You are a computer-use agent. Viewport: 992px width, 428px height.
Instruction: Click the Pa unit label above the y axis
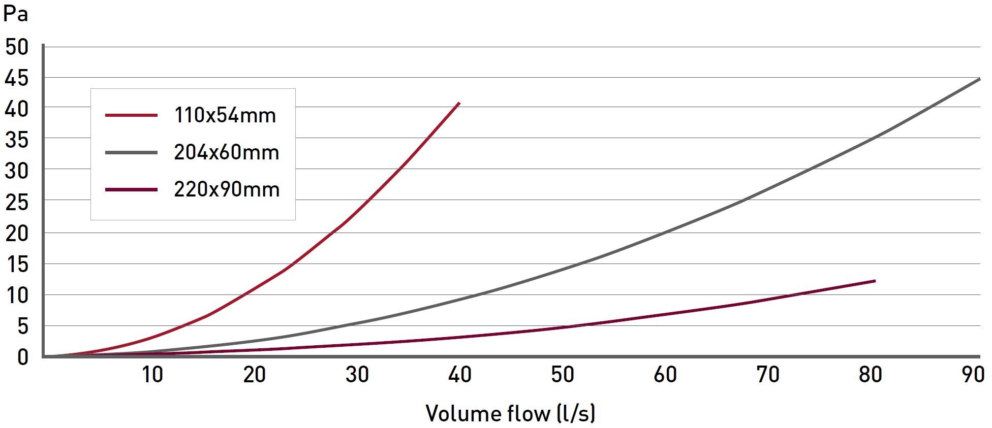pos(15,14)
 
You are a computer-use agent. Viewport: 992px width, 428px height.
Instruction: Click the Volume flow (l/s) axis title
pos(510,413)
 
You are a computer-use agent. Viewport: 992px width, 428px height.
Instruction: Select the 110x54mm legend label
pos(225,115)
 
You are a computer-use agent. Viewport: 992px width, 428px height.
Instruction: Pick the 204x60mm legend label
pos(227,152)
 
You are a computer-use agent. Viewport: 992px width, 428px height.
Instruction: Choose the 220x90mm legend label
pos(227,189)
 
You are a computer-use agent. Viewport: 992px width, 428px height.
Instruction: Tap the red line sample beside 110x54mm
pos(131,115)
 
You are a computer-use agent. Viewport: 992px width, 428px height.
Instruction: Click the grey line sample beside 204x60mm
pos(131,152)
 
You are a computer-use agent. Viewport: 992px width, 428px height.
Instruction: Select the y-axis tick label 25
pos(17,203)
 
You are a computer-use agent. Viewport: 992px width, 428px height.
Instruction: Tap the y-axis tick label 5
pos(22,326)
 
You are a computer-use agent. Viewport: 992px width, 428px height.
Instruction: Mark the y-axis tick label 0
pos(22,357)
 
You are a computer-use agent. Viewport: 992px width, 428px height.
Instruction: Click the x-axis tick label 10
pos(152,375)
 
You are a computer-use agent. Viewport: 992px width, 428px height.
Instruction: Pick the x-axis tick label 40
pos(459,375)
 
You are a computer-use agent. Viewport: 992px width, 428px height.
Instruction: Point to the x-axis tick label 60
pos(665,375)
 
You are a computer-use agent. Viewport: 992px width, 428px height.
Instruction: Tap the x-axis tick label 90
pos(973,375)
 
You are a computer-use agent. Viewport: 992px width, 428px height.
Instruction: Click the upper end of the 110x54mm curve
pos(459,103)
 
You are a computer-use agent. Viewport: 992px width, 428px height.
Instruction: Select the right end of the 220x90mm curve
pos(875,281)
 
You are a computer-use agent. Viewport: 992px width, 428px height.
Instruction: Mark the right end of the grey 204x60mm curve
pos(979,79)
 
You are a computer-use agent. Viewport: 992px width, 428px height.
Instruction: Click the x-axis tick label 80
pos(870,375)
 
